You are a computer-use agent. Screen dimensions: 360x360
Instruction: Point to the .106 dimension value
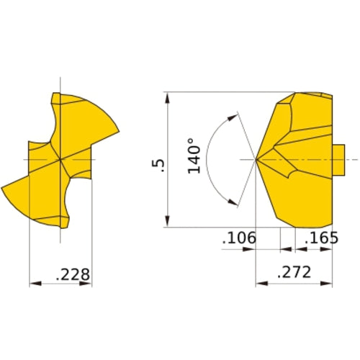(238, 238)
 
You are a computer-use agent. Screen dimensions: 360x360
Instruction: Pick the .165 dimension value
(319, 238)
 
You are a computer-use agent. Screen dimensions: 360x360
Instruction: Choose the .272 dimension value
(294, 272)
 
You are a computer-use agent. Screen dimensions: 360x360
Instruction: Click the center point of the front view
(60, 158)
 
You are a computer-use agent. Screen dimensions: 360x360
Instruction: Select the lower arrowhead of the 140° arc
(233, 203)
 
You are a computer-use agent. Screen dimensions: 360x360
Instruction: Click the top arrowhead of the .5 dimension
(167, 96)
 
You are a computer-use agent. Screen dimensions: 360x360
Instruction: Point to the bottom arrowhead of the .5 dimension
(167, 223)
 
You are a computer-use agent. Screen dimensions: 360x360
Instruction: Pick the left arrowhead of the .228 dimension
(32, 284)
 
